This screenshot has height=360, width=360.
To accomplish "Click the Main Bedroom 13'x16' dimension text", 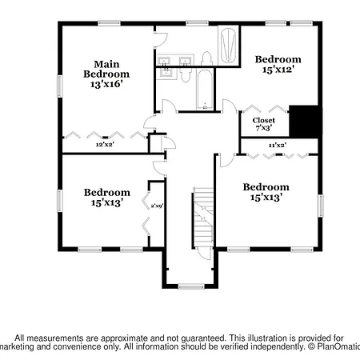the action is [x=106, y=85].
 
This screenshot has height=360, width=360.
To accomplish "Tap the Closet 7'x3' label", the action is [x=264, y=124].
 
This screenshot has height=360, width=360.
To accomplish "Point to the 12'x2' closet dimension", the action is [x=105, y=145].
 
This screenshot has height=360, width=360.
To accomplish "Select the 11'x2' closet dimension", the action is [x=278, y=146].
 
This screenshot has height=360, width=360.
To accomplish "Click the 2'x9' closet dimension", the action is [x=157, y=206].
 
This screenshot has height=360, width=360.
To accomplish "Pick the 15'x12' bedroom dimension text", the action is [x=278, y=70].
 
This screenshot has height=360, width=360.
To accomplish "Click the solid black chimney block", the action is [x=304, y=122].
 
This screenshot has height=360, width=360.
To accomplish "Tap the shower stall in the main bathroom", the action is [x=229, y=45].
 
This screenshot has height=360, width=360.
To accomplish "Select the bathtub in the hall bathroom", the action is [x=205, y=89].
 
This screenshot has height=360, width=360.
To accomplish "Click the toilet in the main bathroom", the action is [x=206, y=58].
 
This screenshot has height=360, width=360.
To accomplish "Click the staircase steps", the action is [x=203, y=218].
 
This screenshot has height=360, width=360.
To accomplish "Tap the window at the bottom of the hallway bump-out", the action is [x=191, y=286].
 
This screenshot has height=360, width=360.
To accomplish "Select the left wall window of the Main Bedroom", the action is [x=60, y=86].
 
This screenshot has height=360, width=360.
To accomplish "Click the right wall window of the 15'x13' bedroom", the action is [x=321, y=206].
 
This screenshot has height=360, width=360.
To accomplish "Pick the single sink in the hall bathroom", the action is [x=166, y=73].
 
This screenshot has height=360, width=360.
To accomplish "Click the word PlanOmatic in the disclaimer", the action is [x=338, y=347].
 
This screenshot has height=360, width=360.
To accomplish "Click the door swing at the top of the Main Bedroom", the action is [x=161, y=40].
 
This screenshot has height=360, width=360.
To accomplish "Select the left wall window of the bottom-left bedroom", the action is [x=60, y=201].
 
